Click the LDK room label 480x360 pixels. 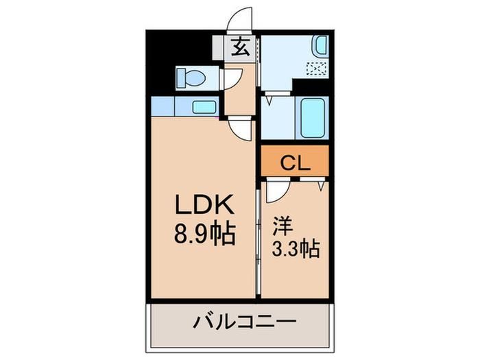(x=204, y=204)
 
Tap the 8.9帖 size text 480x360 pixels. (x=205, y=235)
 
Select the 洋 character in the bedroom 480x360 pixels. (x=283, y=226)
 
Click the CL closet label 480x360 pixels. (x=296, y=163)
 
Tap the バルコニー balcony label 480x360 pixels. (x=245, y=322)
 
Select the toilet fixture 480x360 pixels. (x=191, y=77)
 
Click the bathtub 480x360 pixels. (x=312, y=118)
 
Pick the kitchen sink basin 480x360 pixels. (x=204, y=107)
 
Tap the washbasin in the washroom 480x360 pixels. (x=321, y=45)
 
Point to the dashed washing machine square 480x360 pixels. (x=317, y=69)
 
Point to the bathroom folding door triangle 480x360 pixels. (x=269, y=100)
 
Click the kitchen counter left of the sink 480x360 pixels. (x=163, y=106)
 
